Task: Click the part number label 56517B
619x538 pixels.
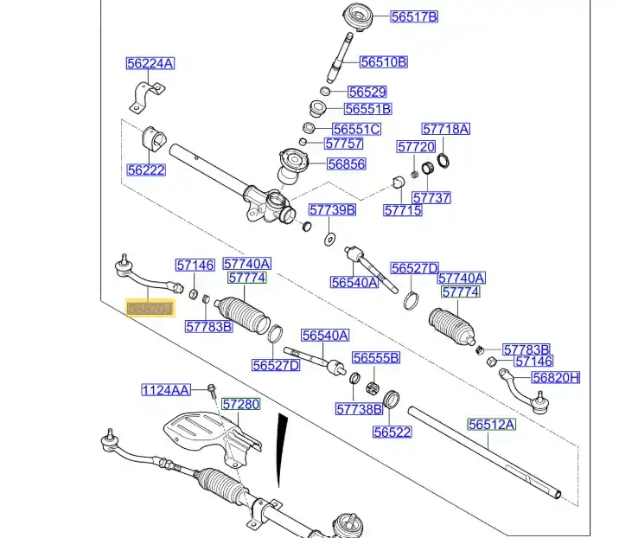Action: tap(414, 16)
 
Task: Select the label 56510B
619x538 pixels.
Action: tap(383, 62)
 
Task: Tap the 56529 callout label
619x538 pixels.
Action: tap(367, 92)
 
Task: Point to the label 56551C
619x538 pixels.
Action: tap(356, 130)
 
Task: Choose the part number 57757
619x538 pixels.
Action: tap(343, 144)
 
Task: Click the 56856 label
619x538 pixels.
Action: tap(346, 164)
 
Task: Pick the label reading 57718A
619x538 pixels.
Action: tap(446, 129)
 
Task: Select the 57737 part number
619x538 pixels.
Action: tap(431, 197)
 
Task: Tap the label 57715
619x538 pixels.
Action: tap(403, 210)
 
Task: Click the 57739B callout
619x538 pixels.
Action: tap(332, 210)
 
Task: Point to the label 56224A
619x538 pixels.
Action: tap(150, 63)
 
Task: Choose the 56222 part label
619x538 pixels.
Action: tap(145, 170)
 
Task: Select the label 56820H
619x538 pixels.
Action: tap(556, 377)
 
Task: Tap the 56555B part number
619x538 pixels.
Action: tap(375, 357)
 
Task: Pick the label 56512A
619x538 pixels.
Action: tap(491, 424)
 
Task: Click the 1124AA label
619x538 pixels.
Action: tap(166, 390)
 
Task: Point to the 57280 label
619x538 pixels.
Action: tap(240, 404)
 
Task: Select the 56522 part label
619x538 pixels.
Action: tap(392, 432)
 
